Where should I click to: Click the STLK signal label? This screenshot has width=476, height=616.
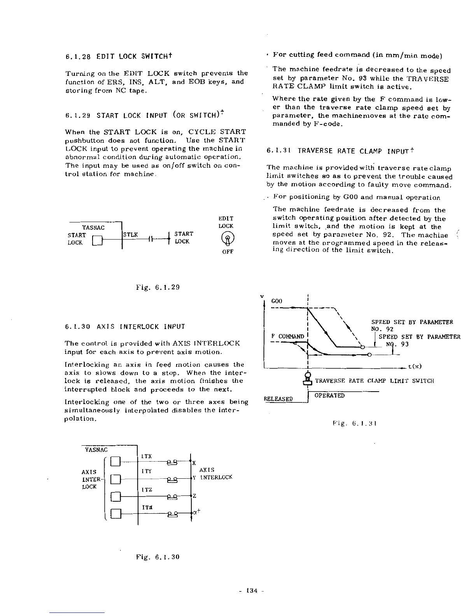click(130, 234)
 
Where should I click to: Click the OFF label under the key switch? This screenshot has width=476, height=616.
click(227, 252)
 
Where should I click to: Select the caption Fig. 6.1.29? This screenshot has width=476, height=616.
click(157, 288)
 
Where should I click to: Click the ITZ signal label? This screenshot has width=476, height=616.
click(147, 490)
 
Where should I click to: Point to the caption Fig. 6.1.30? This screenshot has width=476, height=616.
click(157, 557)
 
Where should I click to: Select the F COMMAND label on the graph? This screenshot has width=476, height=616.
click(288, 336)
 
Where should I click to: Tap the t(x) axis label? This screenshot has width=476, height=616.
click(415, 366)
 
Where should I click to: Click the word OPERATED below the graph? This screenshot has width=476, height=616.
click(329, 395)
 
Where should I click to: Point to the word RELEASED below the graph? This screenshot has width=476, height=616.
click(278, 399)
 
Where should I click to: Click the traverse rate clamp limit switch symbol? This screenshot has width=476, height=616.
click(308, 379)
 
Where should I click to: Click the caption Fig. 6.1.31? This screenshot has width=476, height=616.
click(353, 423)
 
